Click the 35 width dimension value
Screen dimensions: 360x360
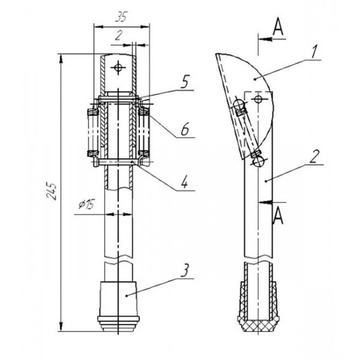(x=120, y=17)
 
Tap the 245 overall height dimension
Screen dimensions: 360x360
(x=52, y=191)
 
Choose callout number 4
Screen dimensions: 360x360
(x=185, y=183)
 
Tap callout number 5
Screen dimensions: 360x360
(x=185, y=82)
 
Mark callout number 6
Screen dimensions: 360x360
(x=185, y=129)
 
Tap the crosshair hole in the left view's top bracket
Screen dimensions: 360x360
(x=118, y=68)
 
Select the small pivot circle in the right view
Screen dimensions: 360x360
(x=257, y=99)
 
